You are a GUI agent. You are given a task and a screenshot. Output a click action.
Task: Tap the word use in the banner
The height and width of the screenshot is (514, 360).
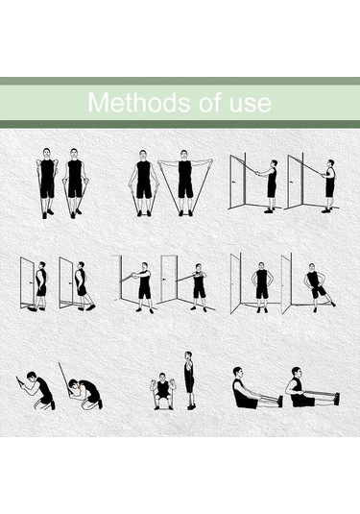tap(249, 103)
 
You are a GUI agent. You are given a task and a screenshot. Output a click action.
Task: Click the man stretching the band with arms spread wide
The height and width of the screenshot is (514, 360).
tap(185, 185)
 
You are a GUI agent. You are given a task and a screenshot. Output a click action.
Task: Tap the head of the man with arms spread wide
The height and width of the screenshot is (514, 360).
tap(185, 155)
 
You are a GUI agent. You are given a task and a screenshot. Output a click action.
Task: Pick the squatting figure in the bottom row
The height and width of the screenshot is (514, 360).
tap(162, 391)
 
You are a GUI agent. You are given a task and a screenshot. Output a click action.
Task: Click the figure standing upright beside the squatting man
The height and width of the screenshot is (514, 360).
tap(189, 379)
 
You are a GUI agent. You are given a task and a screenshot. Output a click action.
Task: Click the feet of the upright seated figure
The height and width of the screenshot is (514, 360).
tap(335, 397)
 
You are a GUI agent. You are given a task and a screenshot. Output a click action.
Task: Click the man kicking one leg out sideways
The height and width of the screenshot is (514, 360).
tap(316, 286)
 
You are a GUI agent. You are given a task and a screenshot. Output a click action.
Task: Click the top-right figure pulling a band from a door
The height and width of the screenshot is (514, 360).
tap(328, 183)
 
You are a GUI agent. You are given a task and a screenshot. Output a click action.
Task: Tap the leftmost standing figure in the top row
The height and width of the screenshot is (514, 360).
tap(47, 183)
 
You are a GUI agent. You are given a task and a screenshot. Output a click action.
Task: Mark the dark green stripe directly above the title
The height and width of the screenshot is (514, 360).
tap(180, 82)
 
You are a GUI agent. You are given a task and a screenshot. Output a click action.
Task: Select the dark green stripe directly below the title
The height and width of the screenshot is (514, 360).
tap(180, 124)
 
